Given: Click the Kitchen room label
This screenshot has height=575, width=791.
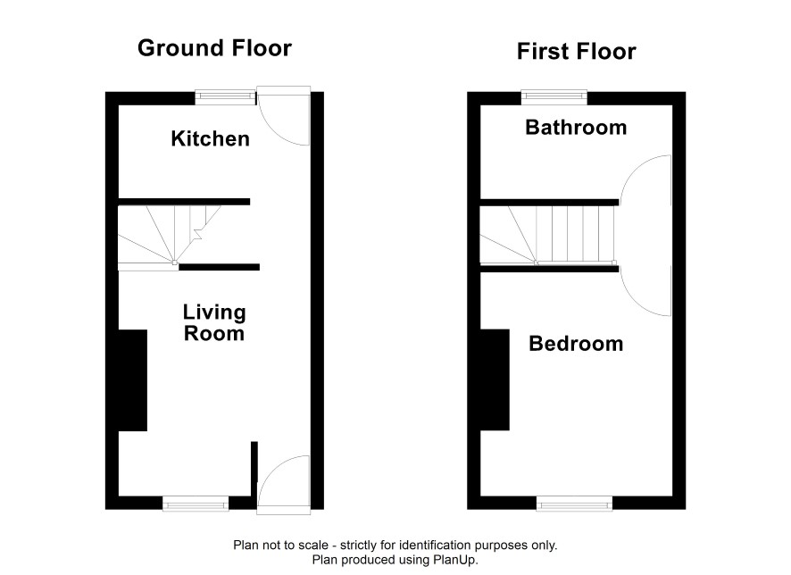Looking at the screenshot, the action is (211, 138).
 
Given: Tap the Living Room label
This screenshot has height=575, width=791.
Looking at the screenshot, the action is (214, 323).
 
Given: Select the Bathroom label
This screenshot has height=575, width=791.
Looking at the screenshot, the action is (576, 127).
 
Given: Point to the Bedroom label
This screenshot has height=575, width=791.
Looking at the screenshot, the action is (576, 344).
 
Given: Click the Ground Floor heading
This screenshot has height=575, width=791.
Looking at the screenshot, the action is (215, 48).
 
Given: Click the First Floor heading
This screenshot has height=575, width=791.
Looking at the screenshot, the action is (577, 52).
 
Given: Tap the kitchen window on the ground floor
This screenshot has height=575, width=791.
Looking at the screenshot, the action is (226, 96).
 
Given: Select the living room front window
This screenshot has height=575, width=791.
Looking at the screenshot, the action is (196, 503).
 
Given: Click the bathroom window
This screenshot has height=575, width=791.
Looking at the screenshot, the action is (554, 96).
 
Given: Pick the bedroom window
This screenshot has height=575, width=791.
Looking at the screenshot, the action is (574, 503).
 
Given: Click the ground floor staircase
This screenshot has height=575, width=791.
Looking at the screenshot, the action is (169, 235).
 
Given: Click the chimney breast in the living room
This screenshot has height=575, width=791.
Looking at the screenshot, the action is (133, 380).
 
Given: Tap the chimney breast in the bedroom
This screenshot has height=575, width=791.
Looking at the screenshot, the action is (495, 379).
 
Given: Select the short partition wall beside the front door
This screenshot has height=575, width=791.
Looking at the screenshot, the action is (254, 469).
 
